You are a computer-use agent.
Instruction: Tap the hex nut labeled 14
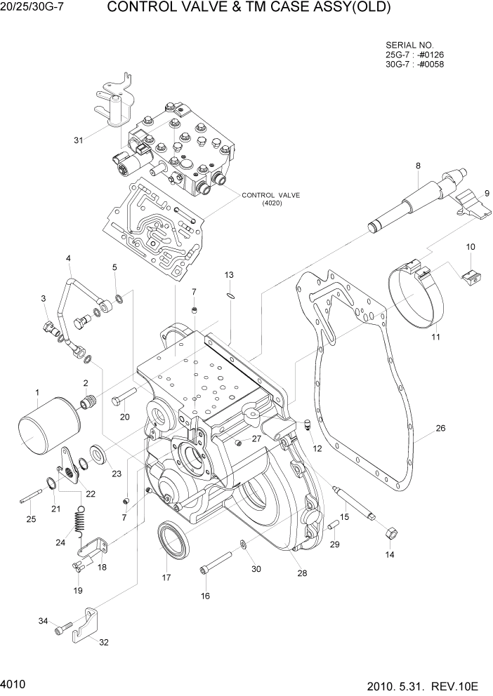pos(390,534)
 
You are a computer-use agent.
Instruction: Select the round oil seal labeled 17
pos(171,540)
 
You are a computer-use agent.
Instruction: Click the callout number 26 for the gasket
pos(440,428)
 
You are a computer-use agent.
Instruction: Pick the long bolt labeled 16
pos(216,563)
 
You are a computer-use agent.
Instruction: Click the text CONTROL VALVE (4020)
pos(270,199)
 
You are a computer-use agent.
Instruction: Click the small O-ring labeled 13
pos(230,295)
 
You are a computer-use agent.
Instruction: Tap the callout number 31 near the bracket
pos(79,140)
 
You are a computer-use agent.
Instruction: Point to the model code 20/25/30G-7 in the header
pos(35,8)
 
